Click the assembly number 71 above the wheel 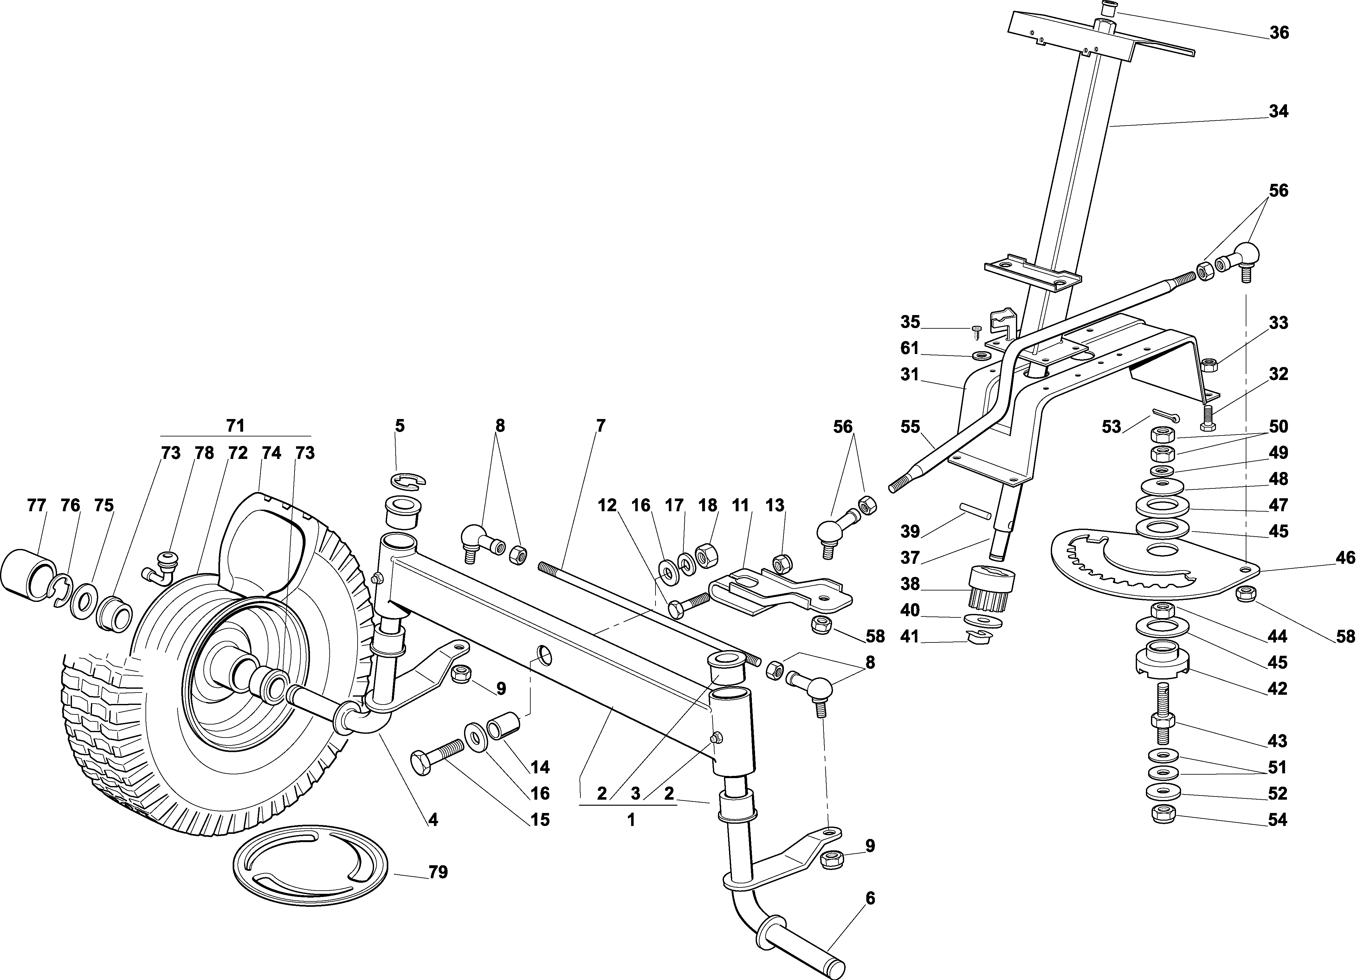tap(235, 426)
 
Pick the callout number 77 tap(36, 506)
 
